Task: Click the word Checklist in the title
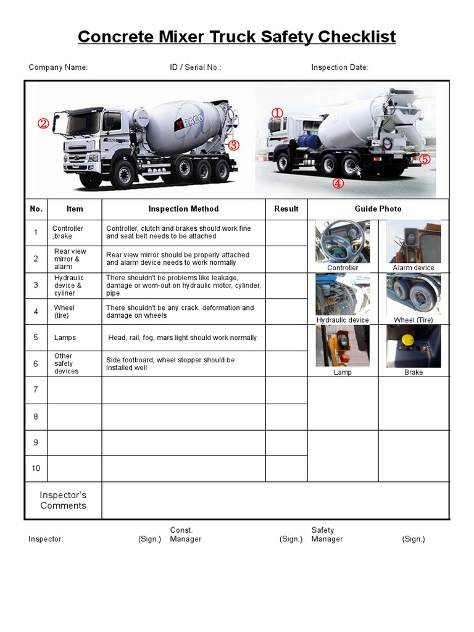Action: pyautogui.click(x=356, y=37)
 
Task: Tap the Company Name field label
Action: pyautogui.click(x=58, y=67)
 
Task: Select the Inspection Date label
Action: pyautogui.click(x=339, y=67)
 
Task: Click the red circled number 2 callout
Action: pyautogui.click(x=43, y=123)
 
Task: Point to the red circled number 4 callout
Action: pyautogui.click(x=338, y=183)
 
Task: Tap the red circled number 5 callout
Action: pyautogui.click(x=425, y=159)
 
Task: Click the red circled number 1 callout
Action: pyautogui.click(x=277, y=113)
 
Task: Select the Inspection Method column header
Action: pyautogui.click(x=183, y=209)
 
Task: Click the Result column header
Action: pyautogui.click(x=286, y=209)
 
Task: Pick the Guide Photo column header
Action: pyautogui.click(x=378, y=209)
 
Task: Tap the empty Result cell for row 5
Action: pyautogui.click(x=286, y=338)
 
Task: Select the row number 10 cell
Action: pyautogui.click(x=36, y=468)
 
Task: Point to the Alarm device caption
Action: pyautogui.click(x=414, y=268)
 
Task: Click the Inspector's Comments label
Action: pyautogui.click(x=63, y=501)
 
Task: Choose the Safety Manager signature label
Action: pyautogui.click(x=326, y=534)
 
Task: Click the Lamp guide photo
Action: pyautogui.click(x=343, y=346)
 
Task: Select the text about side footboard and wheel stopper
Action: pyautogui.click(x=170, y=364)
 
